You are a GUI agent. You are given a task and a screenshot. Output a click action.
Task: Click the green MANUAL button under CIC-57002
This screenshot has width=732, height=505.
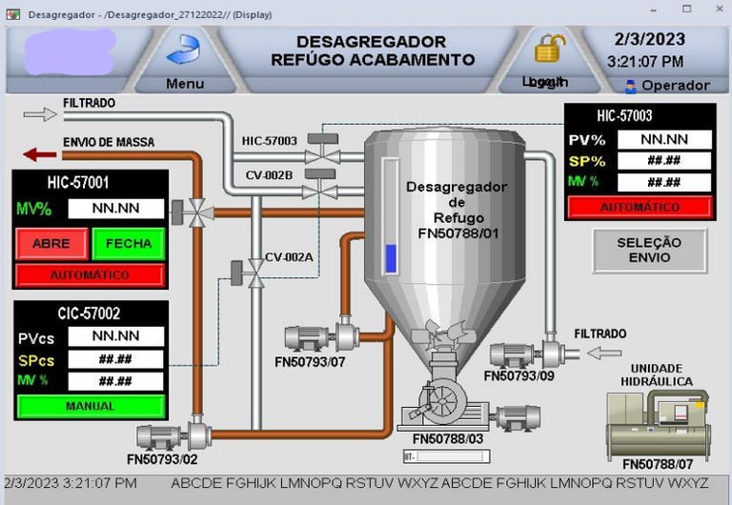(x=91, y=406)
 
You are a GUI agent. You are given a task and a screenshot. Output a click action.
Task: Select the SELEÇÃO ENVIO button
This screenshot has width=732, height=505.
(x=648, y=250)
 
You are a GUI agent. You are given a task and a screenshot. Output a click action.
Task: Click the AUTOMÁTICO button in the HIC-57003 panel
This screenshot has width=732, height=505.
(x=640, y=207)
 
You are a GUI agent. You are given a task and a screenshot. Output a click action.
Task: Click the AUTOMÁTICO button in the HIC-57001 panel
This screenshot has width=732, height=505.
(x=91, y=275)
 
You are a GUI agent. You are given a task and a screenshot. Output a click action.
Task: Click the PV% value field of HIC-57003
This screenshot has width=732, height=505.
(x=664, y=139)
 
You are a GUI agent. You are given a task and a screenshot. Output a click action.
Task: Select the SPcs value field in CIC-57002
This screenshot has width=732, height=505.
(x=115, y=359)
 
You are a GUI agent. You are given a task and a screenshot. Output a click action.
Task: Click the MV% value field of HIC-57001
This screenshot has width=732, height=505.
(x=115, y=209)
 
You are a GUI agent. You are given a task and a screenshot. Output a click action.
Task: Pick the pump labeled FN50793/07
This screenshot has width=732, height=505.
(x=320, y=337)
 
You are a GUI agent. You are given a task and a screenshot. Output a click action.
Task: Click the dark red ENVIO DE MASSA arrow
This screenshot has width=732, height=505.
(x=41, y=154)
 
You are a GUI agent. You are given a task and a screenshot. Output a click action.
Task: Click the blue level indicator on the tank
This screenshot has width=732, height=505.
(x=390, y=258)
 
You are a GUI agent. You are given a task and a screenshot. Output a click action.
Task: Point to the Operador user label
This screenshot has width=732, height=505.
(x=667, y=86)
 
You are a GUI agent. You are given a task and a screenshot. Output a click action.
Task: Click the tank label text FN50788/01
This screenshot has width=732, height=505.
(x=457, y=232)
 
